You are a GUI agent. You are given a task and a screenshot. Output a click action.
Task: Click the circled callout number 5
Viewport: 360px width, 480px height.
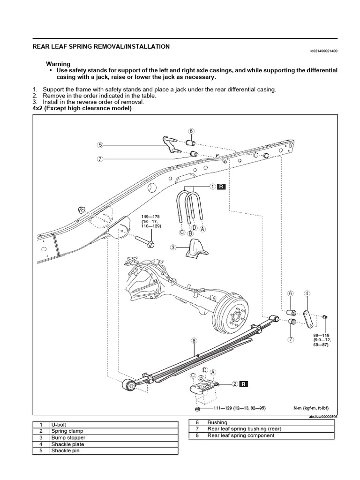click(100, 145)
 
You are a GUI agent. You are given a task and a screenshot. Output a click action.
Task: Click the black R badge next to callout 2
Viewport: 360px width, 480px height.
click(244, 384)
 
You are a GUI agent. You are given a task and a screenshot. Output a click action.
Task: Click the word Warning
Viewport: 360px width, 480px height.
click(58, 64)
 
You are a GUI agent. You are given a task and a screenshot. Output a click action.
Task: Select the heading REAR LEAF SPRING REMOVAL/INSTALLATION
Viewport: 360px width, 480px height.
click(101, 47)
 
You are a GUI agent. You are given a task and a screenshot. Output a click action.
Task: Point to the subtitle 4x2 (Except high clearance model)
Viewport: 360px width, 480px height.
click(82, 108)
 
